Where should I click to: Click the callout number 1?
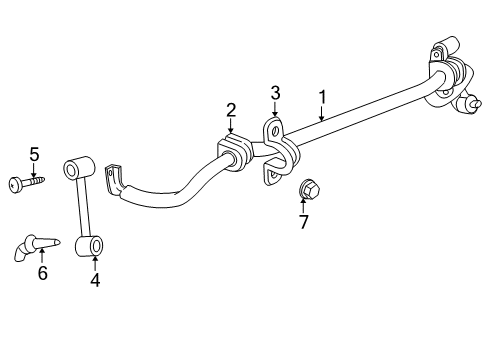tap(322, 97)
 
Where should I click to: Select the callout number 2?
tap(230, 110)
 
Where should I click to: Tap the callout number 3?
tap(276, 93)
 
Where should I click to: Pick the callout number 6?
tap(42, 273)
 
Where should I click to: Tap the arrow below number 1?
tap(321, 113)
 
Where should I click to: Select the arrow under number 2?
tap(230, 127)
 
